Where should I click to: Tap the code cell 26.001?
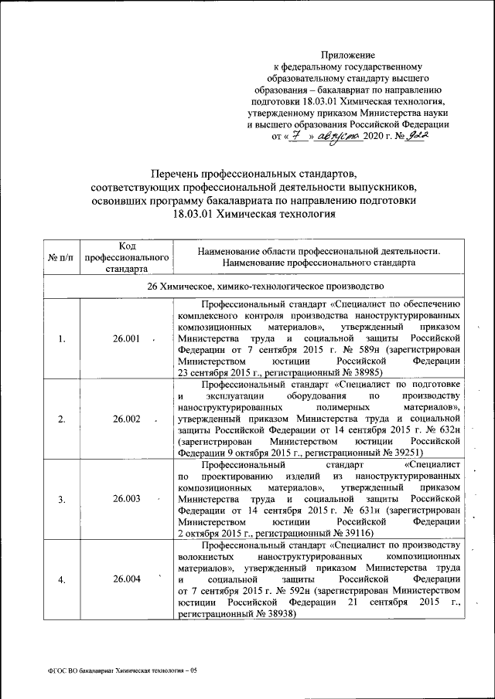point(126,338)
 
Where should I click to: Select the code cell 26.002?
point(126,419)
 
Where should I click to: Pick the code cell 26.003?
point(126,499)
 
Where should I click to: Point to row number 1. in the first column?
point(61,338)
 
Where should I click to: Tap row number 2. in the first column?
point(61,419)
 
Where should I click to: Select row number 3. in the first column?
point(61,499)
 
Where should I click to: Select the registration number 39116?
point(354,532)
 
